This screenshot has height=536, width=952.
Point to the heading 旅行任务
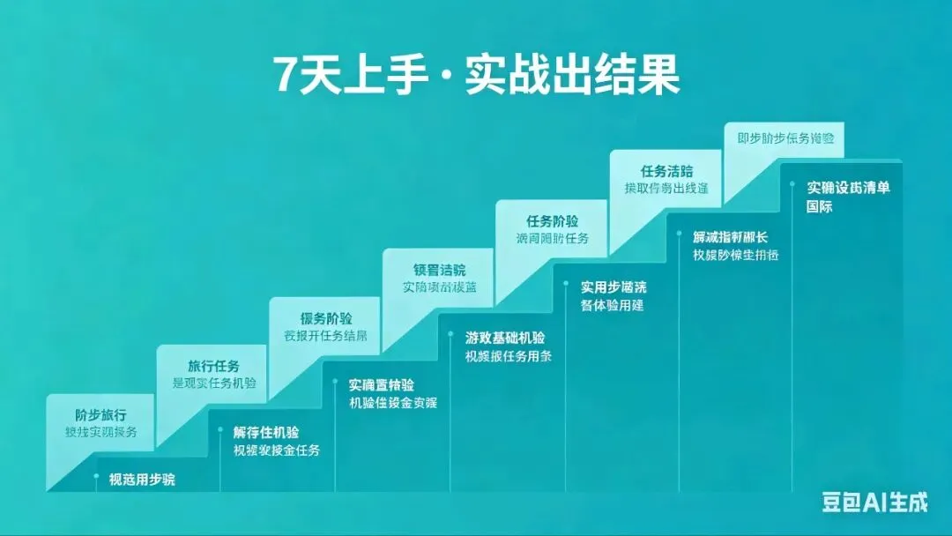click(213, 366)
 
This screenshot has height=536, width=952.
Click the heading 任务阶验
click(553, 221)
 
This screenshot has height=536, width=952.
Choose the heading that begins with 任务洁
click(666, 171)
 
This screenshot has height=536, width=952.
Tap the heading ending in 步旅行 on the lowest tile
click(100, 414)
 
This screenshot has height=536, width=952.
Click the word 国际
click(820, 207)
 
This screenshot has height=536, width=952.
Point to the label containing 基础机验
click(505, 338)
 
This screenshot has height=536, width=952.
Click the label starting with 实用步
click(614, 287)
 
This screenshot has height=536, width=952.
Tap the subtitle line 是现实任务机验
click(215, 383)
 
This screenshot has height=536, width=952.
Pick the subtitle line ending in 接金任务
click(276, 450)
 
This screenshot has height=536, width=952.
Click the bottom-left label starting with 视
click(142, 480)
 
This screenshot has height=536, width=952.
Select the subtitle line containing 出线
click(666, 189)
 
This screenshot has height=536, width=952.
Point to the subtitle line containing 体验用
click(612, 305)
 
